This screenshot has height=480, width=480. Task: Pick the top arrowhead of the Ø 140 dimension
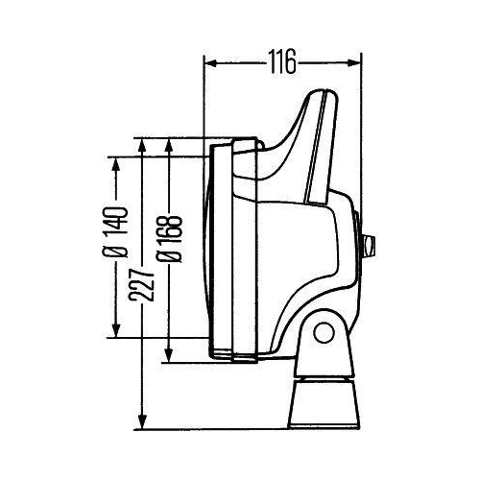click(x=118, y=162)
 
